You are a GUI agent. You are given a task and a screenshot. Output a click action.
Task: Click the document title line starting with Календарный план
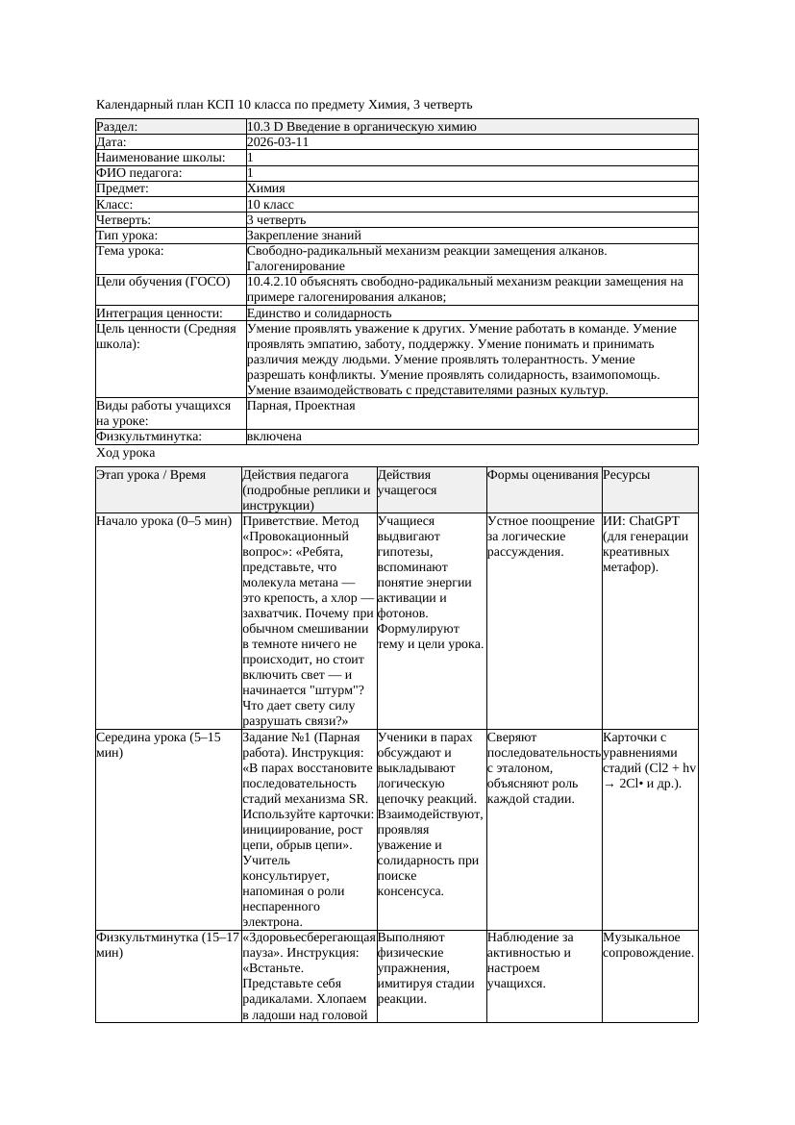point(285,104)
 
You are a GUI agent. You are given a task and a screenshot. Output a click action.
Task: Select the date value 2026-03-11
point(278,142)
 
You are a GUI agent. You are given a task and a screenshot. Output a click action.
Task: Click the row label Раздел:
point(117,127)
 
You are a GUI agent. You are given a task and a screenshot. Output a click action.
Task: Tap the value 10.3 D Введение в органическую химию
point(361,127)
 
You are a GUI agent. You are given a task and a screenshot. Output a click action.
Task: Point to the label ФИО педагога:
point(139,173)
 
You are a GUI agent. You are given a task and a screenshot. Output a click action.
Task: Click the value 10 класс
point(270,205)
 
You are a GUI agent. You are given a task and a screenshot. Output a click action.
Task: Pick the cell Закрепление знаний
point(304,236)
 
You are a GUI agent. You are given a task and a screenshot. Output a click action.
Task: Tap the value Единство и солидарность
point(319,313)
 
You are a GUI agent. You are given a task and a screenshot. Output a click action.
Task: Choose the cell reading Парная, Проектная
point(301,406)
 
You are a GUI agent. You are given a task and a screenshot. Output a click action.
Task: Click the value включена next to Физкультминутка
point(274,437)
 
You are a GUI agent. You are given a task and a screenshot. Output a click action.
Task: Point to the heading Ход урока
point(126,453)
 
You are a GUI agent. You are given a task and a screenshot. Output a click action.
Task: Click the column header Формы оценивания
point(543,475)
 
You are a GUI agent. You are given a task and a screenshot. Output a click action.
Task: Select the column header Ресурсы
point(626,475)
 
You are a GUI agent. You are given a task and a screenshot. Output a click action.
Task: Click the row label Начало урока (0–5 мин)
point(163,521)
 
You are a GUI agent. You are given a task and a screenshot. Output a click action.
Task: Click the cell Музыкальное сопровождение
point(648,945)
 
